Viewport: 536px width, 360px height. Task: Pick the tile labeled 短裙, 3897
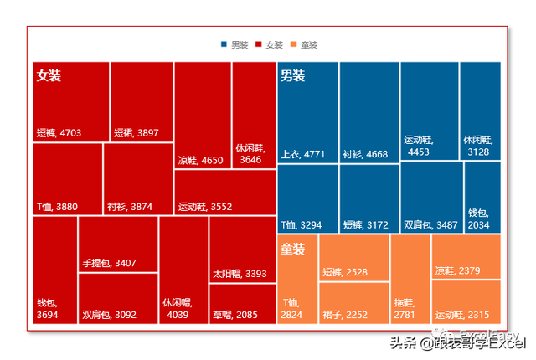coord(142,101)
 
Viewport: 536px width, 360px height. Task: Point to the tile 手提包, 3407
coord(117,244)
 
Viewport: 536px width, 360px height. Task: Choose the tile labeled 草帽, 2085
coord(242,304)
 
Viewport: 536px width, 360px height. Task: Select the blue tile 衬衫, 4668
coord(369,112)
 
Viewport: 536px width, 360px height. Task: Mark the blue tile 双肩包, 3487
coord(431,197)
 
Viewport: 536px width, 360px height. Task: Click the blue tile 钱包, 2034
coord(482,197)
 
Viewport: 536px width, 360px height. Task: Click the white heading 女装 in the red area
coord(49,75)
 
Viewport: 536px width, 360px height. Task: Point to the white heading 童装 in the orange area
coord(292,249)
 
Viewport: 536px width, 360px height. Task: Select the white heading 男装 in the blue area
coord(292,75)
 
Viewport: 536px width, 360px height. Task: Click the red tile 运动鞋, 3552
coord(225,193)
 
